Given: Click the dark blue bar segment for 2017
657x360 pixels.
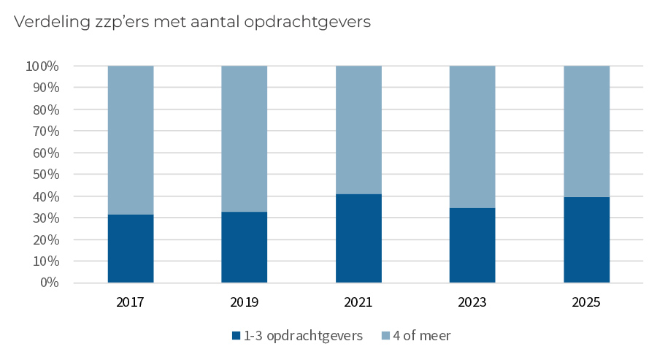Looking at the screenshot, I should (x=131, y=248).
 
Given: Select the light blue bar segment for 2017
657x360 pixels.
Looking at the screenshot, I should (x=131, y=139).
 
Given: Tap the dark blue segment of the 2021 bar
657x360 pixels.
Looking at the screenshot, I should (x=358, y=238).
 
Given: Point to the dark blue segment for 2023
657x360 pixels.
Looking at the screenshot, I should (x=472, y=245).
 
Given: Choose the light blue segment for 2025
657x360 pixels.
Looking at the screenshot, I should (x=586, y=131).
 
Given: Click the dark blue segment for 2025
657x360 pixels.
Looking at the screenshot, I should (x=586, y=240).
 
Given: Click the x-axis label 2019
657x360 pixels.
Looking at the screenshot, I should (x=245, y=302).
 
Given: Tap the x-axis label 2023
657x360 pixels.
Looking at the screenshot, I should (x=472, y=302).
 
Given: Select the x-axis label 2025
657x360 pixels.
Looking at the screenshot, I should (x=586, y=302).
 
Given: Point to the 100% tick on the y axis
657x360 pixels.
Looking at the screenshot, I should (x=42, y=66).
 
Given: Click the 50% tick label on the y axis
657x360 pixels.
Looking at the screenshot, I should (x=45, y=175).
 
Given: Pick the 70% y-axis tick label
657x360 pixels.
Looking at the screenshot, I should (x=45, y=131).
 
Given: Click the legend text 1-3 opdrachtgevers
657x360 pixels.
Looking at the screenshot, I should (x=304, y=336).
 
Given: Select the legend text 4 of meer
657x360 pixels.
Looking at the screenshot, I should (x=422, y=336).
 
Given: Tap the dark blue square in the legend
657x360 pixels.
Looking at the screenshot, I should (x=236, y=336).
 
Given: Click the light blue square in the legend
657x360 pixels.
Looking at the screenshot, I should (x=385, y=336).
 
